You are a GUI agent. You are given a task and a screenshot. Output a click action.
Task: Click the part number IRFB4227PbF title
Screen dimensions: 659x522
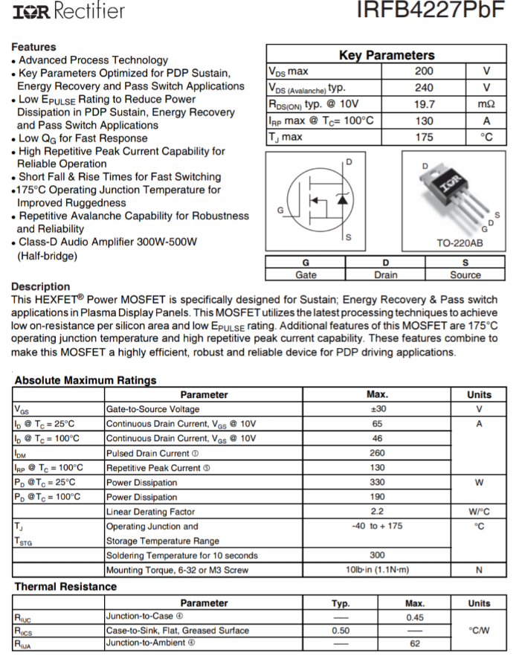[431, 10]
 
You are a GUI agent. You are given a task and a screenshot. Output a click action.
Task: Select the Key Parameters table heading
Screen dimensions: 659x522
[386, 55]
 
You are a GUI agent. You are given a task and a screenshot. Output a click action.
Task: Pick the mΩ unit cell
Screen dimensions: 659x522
[486, 104]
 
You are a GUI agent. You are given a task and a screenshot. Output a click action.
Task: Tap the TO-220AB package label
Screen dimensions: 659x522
[459, 243]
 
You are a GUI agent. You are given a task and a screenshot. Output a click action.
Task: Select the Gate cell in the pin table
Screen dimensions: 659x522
[306, 274]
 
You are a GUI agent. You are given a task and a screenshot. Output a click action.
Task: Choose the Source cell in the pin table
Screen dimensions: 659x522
[465, 274]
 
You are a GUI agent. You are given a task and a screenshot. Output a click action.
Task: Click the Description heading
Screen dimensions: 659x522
[41, 286]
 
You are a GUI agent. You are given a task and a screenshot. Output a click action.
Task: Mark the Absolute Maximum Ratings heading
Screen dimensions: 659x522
[86, 380]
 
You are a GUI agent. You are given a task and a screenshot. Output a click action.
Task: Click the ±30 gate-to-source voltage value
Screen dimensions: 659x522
[377, 409]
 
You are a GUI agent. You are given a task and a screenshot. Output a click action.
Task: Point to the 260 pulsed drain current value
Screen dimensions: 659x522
[377, 453]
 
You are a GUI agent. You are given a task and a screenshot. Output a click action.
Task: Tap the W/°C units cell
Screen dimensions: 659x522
[479, 512]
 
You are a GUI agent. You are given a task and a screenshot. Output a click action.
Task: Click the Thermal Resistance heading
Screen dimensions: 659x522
[65, 587]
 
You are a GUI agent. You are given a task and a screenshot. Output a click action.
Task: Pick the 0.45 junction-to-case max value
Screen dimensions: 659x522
[415, 617]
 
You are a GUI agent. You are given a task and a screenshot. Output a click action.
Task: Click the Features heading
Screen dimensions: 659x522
[33, 47]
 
